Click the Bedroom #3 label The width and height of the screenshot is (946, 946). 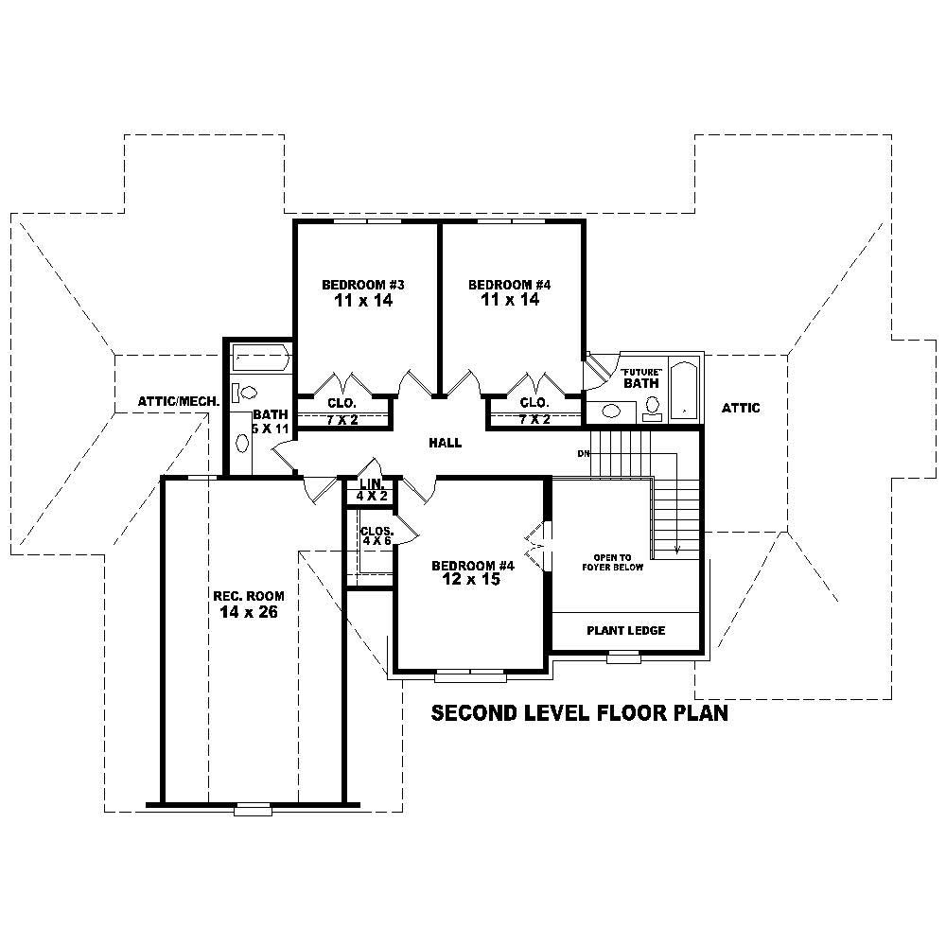coord(363,284)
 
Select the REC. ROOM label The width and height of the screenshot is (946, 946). coord(248,596)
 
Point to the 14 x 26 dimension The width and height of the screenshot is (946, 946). coord(248,612)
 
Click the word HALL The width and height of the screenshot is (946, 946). coord(445,443)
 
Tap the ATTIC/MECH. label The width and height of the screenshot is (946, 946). coord(177,401)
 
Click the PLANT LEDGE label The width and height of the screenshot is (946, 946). coord(625,630)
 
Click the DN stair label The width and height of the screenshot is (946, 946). coord(585,454)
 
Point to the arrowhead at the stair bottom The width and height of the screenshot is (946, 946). coord(677,549)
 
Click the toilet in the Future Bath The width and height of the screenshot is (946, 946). coord(653,406)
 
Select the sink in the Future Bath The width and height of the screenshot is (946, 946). coord(613,412)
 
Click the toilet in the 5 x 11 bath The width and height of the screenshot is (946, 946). coord(247,392)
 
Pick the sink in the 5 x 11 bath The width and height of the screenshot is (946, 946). coord(242,442)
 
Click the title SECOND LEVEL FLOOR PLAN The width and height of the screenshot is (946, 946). coord(579,712)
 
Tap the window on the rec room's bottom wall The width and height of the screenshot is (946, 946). coord(253,808)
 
